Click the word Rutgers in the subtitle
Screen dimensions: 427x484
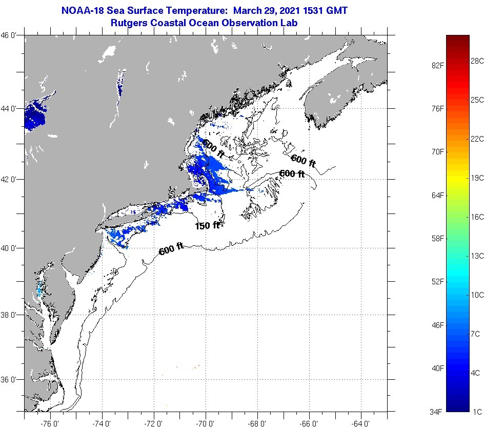pos(128,23)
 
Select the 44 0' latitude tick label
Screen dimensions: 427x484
pos(11,108)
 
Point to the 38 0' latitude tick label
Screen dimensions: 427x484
pos(11,315)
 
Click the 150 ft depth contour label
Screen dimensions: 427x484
pos(207,225)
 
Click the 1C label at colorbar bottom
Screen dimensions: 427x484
pos(477,412)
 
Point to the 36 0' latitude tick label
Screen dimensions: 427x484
pos(11,380)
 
